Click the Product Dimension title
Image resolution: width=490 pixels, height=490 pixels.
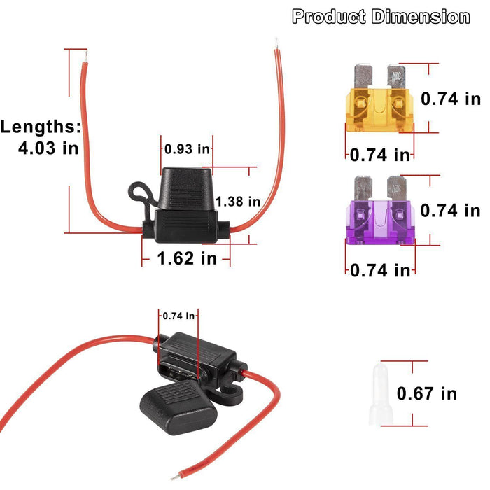(381, 17)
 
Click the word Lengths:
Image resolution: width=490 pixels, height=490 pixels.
(41, 127)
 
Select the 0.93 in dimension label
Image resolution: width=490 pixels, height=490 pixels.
(187, 148)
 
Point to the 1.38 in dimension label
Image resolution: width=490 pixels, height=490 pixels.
(238, 202)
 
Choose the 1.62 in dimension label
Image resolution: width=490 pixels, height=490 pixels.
(187, 258)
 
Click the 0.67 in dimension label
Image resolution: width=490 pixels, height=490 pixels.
(426, 393)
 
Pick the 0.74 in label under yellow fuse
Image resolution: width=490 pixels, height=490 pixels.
(379, 155)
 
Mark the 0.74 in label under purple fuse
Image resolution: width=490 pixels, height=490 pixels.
(379, 269)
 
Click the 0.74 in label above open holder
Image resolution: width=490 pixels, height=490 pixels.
(178, 316)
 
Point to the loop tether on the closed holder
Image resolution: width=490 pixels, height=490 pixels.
(138, 192)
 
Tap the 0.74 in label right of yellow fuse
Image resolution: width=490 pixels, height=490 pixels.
(450, 99)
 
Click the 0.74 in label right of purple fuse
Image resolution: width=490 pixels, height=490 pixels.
(450, 210)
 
